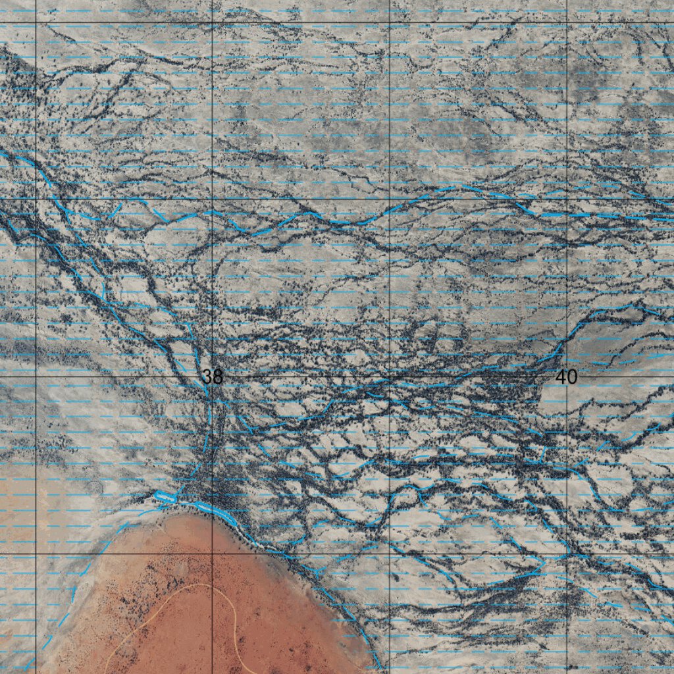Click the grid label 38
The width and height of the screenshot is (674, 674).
[212, 376]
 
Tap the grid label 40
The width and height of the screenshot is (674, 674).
[566, 376]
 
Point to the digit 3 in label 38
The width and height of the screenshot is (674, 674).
[207, 376]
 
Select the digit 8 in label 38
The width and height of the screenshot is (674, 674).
[217, 376]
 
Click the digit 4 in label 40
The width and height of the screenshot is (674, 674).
[561, 376]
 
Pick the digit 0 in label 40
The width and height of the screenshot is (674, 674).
[572, 376]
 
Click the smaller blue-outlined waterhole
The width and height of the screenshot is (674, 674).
[165, 498]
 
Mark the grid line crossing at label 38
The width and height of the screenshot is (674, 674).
[212, 376]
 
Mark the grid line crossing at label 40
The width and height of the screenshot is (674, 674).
[567, 376]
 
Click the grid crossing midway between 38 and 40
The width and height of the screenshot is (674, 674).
[390, 376]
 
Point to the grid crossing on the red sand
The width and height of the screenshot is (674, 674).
[212, 554]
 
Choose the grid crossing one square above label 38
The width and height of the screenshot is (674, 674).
[212, 199]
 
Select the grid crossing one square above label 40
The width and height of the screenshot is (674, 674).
[567, 199]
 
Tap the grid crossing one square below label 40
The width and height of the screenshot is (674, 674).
[567, 554]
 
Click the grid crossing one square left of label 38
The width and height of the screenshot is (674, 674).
[36, 376]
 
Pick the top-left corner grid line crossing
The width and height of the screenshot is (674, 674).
[36, 22]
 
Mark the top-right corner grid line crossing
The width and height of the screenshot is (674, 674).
[567, 22]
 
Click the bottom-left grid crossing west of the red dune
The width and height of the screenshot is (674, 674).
[36, 554]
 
